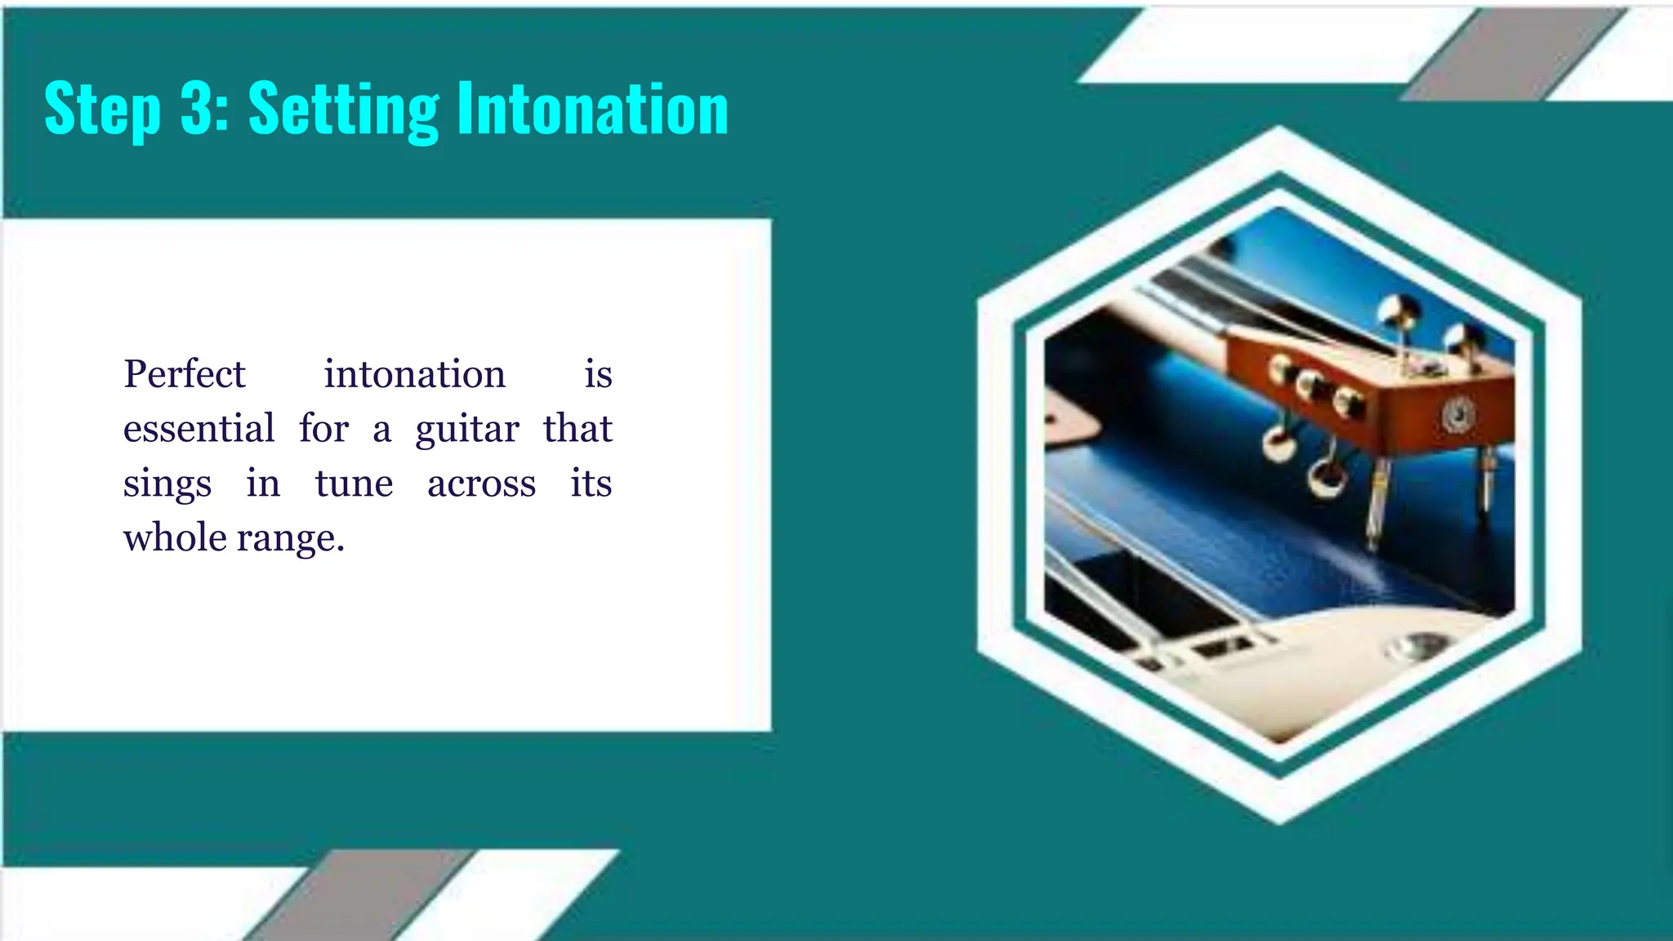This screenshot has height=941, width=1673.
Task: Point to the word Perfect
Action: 185,374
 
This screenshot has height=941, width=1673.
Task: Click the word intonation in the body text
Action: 414,374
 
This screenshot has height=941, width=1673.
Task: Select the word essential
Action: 199,429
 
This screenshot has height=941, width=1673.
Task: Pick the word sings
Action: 167,484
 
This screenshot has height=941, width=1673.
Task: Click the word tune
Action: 354,484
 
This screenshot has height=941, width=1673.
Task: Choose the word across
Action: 481,484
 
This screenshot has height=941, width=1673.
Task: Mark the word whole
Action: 175,537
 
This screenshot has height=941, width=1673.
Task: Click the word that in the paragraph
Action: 578,429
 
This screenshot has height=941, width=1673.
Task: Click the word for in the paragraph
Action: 323,429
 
